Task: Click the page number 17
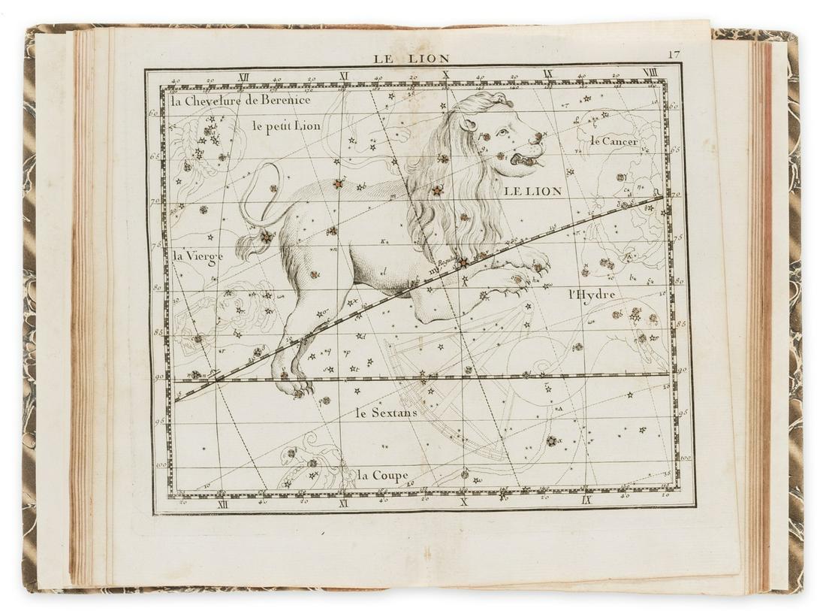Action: pyautogui.click(x=673, y=54)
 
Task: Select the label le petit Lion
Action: pyautogui.click(x=286, y=126)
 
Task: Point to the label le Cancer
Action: pyautogui.click(x=613, y=141)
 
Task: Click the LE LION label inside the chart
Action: pyautogui.click(x=532, y=192)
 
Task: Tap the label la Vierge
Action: pyautogui.click(x=197, y=256)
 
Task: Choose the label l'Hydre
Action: pyautogui.click(x=592, y=294)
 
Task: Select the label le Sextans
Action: pyautogui.click(x=386, y=413)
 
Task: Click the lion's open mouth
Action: pyautogui.click(x=523, y=159)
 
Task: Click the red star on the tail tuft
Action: pyautogui.click(x=265, y=237)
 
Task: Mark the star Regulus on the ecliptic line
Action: pyautogui.click(x=463, y=262)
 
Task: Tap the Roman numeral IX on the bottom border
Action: pyautogui.click(x=586, y=500)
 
